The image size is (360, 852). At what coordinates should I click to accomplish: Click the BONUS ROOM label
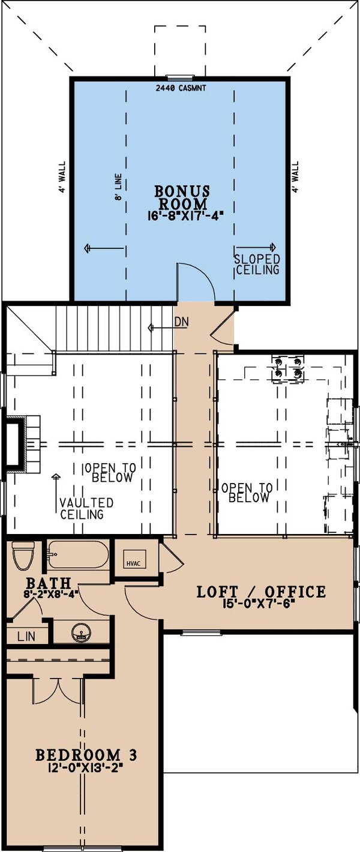coord(182,197)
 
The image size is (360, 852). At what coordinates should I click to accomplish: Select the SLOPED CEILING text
coord(257,265)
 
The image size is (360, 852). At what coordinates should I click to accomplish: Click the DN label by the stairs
coord(182,322)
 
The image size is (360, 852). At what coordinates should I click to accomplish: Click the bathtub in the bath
coord(78,554)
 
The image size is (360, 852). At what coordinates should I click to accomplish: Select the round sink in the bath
coord(80,632)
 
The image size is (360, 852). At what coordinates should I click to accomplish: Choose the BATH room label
coord(49,583)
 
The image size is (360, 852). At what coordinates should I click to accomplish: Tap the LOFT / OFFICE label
coord(262,592)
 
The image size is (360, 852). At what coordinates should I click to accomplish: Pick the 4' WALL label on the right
coord(295,176)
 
